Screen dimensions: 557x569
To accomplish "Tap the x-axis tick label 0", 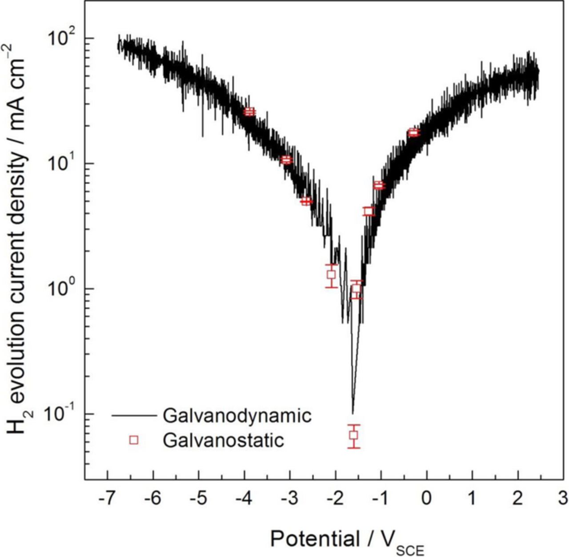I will click(x=427, y=499).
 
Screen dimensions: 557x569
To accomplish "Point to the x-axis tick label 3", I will click(x=563, y=499).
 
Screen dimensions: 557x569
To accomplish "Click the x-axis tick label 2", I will click(x=517, y=499).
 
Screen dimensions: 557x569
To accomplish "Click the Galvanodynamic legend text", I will click(x=237, y=416).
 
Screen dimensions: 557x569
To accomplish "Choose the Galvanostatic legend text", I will click(x=223, y=440).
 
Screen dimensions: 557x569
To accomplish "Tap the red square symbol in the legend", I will click(x=134, y=440).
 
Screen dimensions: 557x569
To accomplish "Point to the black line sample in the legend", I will click(x=134, y=416).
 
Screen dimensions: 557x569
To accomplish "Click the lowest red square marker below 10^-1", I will click(x=353, y=435).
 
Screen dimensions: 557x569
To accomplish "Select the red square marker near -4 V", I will click(x=250, y=112).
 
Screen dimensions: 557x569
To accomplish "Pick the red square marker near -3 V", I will click(x=287, y=160).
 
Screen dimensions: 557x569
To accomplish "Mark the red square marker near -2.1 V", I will click(x=331, y=275).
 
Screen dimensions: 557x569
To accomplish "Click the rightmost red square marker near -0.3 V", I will click(x=414, y=132).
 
